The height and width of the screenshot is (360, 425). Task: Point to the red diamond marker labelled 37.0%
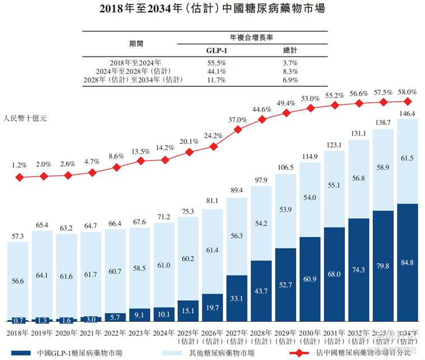click(x=237, y=129)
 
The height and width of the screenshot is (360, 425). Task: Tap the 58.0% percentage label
click(x=408, y=92)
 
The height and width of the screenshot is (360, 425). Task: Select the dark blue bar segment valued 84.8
click(x=408, y=263)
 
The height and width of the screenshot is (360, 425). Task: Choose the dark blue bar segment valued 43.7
click(x=262, y=291)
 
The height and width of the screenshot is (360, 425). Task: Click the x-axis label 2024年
click(x=165, y=333)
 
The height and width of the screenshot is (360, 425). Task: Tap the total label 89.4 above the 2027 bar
click(x=237, y=191)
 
